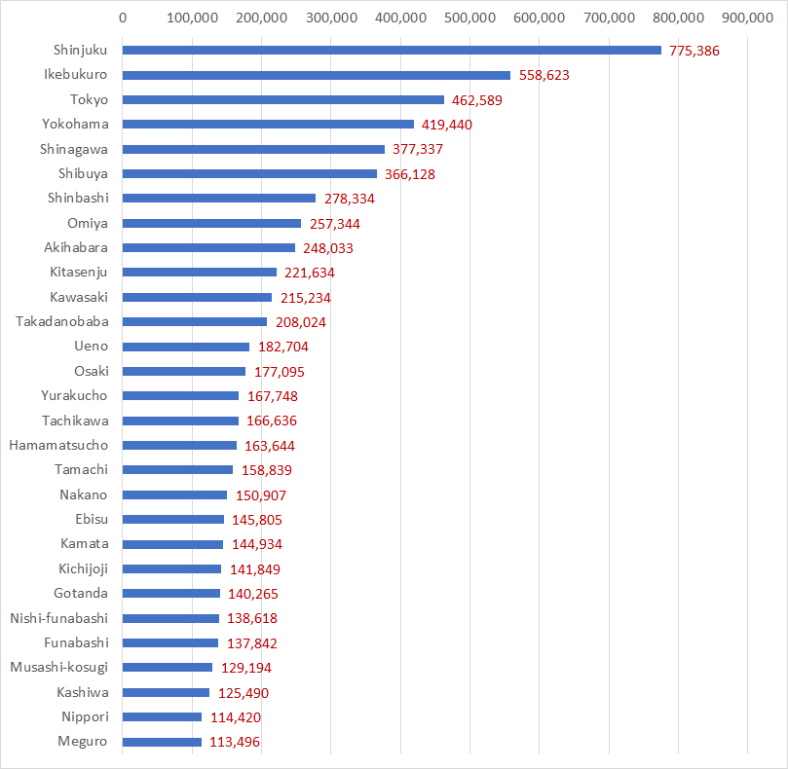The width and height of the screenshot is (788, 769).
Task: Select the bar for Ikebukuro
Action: click(317, 75)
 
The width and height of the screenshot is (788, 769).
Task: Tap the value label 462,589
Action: click(477, 100)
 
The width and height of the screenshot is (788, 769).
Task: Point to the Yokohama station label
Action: click(75, 124)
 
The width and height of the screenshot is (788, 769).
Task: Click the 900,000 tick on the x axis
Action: click(747, 18)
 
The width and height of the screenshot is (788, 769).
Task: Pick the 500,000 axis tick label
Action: click(469, 18)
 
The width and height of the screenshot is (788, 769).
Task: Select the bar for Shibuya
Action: click(249, 174)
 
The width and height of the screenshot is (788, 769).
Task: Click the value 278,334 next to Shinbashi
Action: click(349, 199)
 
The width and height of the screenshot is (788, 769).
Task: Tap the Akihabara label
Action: click(76, 247)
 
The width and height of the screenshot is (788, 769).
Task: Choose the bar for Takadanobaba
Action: click(195, 322)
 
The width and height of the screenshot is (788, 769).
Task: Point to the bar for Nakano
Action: click(174, 495)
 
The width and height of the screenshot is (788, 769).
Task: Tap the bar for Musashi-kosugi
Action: click(168, 668)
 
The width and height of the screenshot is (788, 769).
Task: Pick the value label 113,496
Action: click(235, 742)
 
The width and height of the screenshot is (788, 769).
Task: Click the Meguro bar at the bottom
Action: click(162, 742)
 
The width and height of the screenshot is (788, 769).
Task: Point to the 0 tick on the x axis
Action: click(123, 18)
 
